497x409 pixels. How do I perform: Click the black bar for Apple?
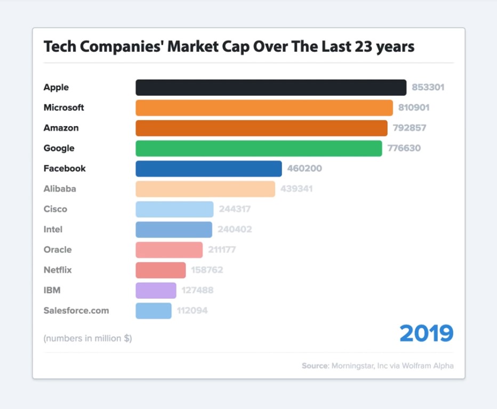[271, 87]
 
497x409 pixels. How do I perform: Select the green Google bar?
[259, 149]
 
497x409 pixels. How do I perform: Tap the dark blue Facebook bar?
[209, 169]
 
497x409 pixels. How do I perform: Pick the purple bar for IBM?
[156, 290]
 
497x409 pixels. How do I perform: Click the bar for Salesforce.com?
[154, 310]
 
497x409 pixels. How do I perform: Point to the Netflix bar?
[161, 270]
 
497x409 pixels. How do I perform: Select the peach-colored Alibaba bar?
[205, 189]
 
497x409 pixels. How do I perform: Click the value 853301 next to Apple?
[428, 87]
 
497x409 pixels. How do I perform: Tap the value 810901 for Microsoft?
[414, 108]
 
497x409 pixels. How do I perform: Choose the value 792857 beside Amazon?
[410, 128]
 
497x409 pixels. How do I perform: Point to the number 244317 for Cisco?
[235, 209]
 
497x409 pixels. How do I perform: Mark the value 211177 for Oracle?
[222, 250]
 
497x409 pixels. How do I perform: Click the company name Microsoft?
[64, 108]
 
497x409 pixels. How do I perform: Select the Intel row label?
[53, 230]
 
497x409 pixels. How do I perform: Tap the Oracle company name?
[58, 250]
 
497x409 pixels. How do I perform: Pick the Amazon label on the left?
[61, 128]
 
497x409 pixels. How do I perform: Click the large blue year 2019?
[426, 333]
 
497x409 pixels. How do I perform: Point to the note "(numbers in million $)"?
[87, 338]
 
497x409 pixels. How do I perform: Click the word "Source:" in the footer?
[315, 366]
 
